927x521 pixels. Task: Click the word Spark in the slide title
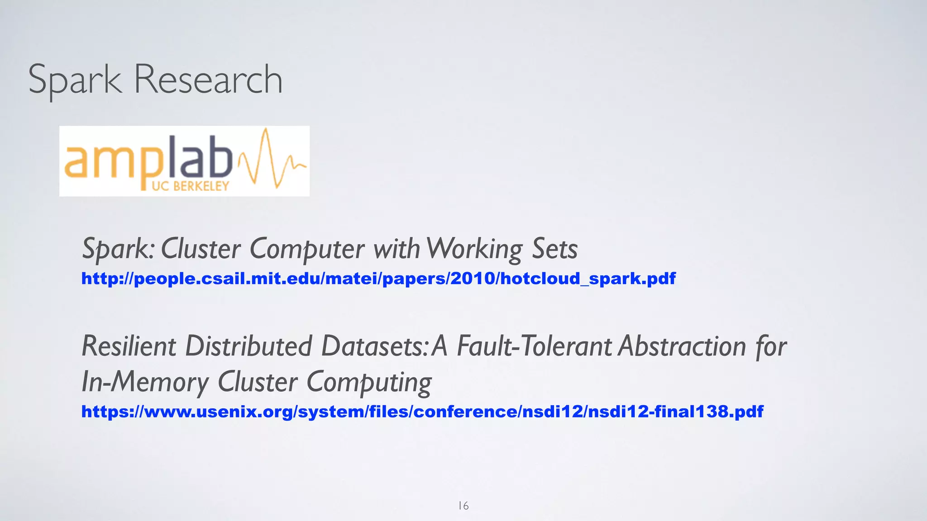(75, 80)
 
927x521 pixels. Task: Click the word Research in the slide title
(208, 80)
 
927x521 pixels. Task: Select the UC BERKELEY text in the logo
(191, 186)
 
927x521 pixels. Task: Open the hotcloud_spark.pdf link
(378, 278)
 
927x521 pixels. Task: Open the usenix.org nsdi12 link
(422, 412)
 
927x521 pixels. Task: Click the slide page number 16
(463, 506)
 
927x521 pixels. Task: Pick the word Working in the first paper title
(474, 249)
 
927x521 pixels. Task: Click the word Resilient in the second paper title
(129, 346)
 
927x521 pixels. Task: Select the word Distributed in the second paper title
(248, 346)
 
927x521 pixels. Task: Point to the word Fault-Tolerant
(534, 346)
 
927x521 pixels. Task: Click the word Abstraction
(682, 346)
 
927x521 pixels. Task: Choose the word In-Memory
(145, 382)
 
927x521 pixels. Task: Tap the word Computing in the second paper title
(369, 382)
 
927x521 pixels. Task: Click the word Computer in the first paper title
(307, 249)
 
